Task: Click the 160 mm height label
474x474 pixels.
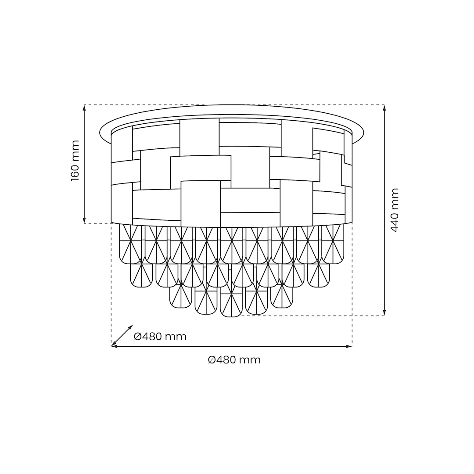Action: pyautogui.click(x=75, y=161)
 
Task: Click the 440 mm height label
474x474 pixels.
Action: pyautogui.click(x=395, y=210)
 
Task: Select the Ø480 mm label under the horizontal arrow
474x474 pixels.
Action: pyautogui.click(x=234, y=360)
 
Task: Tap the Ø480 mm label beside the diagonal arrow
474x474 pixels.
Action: pyautogui.click(x=160, y=337)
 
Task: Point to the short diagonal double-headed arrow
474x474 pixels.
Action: pyautogui.click(x=122, y=336)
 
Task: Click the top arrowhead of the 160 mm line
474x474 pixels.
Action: pyautogui.click(x=84, y=108)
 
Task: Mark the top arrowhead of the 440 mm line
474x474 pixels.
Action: pyautogui.click(x=384, y=108)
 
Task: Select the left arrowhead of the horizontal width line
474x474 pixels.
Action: pyautogui.click(x=114, y=346)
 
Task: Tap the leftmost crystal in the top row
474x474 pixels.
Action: pyautogui.click(x=130, y=244)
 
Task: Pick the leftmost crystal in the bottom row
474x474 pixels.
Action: pyautogui.click(x=180, y=296)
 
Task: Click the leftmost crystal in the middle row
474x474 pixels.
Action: pyautogui.click(x=141, y=275)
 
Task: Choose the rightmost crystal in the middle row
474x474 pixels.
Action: pyautogui.click(x=319, y=275)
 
